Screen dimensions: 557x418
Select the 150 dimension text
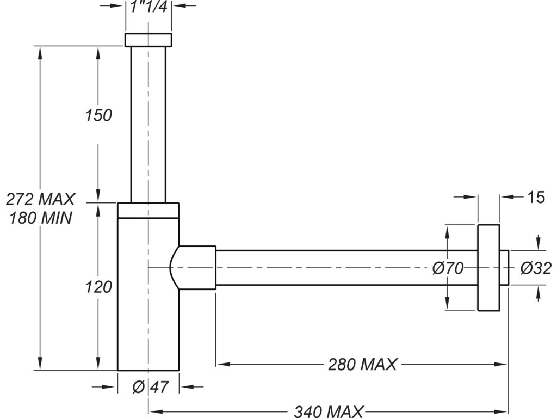98,115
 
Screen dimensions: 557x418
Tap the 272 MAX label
40,199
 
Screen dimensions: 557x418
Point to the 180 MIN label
40,218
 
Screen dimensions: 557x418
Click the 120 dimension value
98,286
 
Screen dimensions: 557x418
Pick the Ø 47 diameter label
149,387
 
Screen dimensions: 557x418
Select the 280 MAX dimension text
362,364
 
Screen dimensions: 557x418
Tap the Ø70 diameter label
447,268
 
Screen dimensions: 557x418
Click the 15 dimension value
536,198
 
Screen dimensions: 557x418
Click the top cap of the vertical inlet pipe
148,40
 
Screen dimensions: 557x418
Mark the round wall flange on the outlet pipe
488,267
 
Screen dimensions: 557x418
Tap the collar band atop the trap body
148,210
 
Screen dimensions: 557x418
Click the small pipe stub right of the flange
504,268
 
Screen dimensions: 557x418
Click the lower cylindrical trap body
148,316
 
